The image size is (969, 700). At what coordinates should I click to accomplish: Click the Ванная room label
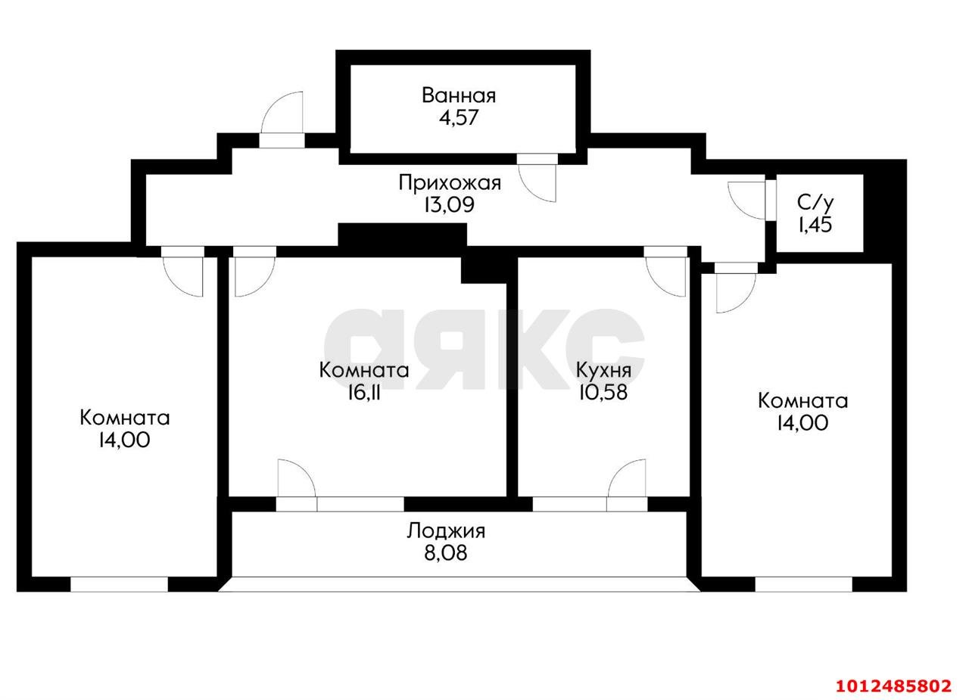[x=459, y=96]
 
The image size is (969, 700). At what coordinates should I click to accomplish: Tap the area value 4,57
[x=459, y=118]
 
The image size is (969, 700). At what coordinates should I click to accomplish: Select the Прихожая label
[x=450, y=182]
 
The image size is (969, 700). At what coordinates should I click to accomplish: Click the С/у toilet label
[x=815, y=202]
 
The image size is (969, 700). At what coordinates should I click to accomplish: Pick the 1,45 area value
[x=815, y=224]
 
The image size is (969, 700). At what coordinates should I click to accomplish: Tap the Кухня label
[x=603, y=370]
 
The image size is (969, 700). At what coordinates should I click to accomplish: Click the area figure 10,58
[x=603, y=392]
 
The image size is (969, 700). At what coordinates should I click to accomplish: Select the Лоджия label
[x=446, y=530]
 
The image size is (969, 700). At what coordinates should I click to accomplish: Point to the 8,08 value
[x=446, y=553]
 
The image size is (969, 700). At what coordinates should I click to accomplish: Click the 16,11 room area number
[x=364, y=392]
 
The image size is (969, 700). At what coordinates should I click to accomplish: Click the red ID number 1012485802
[x=893, y=686]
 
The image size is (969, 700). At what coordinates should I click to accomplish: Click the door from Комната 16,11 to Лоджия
[x=295, y=480]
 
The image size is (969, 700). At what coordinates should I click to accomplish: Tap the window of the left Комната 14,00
[x=119, y=583]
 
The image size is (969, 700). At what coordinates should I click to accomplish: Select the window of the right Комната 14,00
[x=803, y=583]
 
